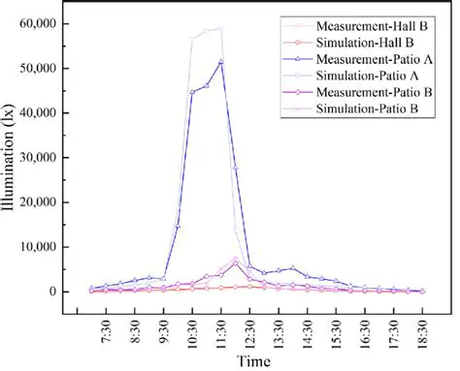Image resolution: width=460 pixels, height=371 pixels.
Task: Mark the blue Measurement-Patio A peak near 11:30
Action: (x=221, y=61)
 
